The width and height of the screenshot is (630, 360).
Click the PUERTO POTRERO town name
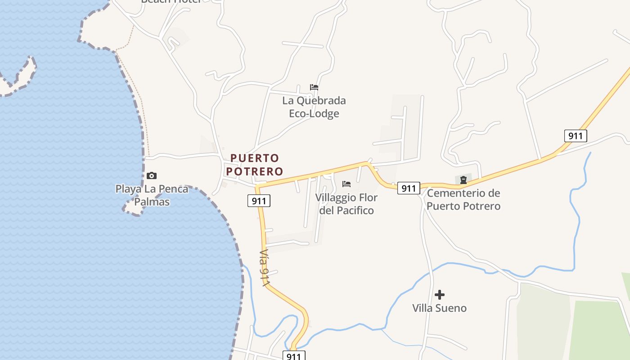coord(255,165)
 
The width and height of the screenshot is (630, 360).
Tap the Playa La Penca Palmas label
coord(152,195)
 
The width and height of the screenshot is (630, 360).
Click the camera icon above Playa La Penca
coord(152,175)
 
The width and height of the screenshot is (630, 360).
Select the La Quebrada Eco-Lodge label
coord(314,107)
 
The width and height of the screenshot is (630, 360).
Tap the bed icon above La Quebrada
coord(314,87)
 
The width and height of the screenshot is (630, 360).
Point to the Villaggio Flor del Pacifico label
coord(346,204)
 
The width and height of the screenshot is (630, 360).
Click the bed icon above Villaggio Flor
coord(346,184)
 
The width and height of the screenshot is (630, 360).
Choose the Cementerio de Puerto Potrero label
coord(463,199)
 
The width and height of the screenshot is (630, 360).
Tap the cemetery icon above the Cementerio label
coord(463,180)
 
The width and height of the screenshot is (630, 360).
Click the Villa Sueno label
coord(440,308)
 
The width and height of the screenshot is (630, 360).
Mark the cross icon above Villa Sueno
coord(440,295)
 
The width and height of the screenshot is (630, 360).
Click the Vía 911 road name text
coord(265,267)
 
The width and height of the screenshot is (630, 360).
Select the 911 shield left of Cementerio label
coord(409,188)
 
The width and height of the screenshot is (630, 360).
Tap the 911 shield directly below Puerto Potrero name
coord(259,201)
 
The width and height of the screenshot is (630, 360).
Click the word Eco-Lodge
coord(314,113)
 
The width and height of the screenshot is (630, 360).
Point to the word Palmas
coord(152,202)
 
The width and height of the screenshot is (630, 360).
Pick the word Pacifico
coord(354,210)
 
